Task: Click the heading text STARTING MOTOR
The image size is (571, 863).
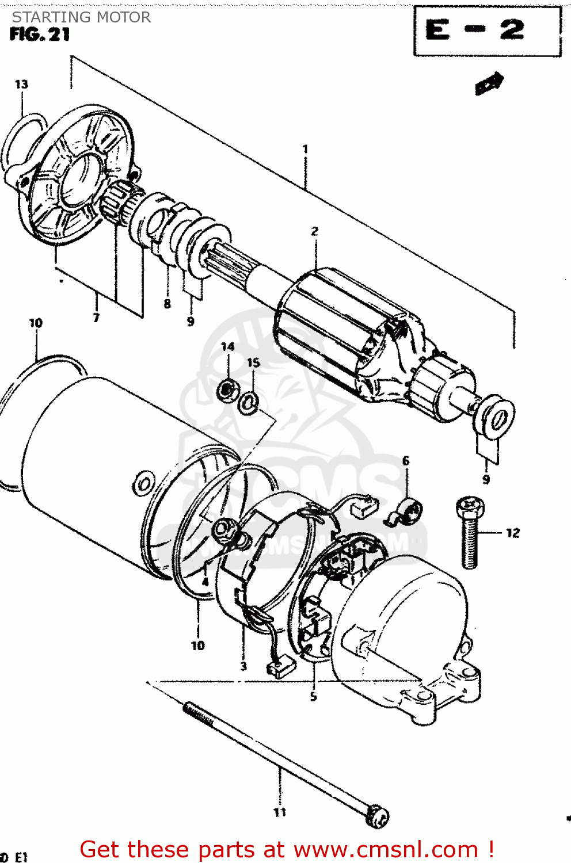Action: point(81,17)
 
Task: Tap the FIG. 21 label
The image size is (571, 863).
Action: point(40,35)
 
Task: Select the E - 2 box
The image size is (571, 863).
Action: point(487,31)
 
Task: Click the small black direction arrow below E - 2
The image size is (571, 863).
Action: point(489,83)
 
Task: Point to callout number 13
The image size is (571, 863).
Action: point(21,85)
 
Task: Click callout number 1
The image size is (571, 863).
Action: point(305,149)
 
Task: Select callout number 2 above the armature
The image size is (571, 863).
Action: point(314,231)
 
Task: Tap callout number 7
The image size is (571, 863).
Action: point(96,317)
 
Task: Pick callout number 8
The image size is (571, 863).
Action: point(167,304)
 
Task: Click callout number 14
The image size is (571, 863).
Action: point(228,346)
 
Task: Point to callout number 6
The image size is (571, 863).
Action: point(406,461)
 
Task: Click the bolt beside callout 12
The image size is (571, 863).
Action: point(470,533)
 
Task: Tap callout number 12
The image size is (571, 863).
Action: point(512,533)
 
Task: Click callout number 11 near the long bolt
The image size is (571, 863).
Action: point(280,812)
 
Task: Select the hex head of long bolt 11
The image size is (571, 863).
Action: point(379,816)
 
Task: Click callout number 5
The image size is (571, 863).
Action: point(313,697)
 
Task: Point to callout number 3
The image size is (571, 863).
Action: point(243,666)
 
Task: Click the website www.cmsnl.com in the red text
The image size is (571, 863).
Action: point(386,850)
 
